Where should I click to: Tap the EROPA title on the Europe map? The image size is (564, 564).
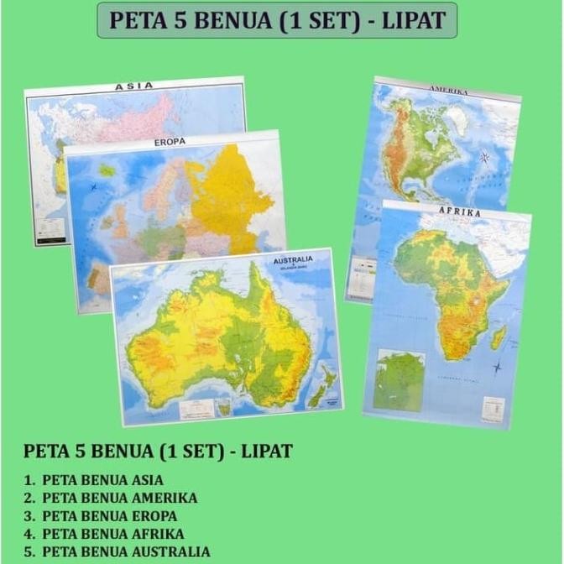(x=170, y=142)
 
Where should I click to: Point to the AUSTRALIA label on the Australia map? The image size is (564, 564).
(x=293, y=260)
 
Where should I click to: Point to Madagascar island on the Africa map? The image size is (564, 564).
(x=499, y=337)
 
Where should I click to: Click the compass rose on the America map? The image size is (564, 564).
(x=484, y=157)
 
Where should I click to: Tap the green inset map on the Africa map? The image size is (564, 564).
(x=399, y=379)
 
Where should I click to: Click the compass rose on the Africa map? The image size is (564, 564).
(x=498, y=367)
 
